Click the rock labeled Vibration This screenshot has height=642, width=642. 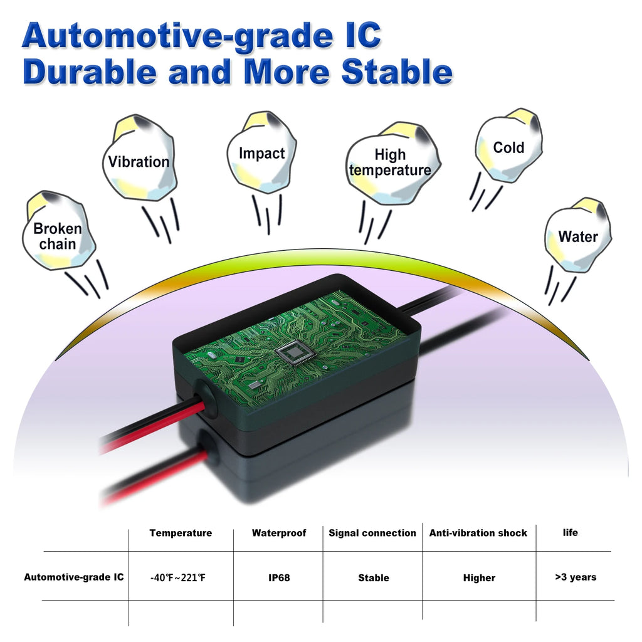(x=139, y=160)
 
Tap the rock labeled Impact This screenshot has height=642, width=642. (x=261, y=153)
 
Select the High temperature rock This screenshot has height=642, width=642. (x=390, y=162)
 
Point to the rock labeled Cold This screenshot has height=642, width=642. (x=508, y=148)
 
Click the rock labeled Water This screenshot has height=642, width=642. (x=577, y=236)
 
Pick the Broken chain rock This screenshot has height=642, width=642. (x=58, y=236)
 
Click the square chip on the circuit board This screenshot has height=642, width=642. (x=294, y=354)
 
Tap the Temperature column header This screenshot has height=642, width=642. (x=181, y=533)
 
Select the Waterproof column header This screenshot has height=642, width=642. (x=279, y=533)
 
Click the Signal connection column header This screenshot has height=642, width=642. (x=372, y=533)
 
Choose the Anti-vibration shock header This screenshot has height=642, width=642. (x=478, y=533)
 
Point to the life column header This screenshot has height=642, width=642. (x=571, y=532)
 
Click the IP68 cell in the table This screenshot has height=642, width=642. (x=279, y=577)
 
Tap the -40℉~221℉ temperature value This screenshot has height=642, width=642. (x=178, y=577)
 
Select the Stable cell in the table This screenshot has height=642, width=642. (x=374, y=577)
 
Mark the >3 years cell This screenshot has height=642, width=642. (x=576, y=577)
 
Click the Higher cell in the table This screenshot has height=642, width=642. (x=479, y=577)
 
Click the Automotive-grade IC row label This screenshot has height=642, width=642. (x=74, y=577)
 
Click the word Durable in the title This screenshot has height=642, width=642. (x=89, y=73)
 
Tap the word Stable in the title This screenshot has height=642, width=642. (x=397, y=73)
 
